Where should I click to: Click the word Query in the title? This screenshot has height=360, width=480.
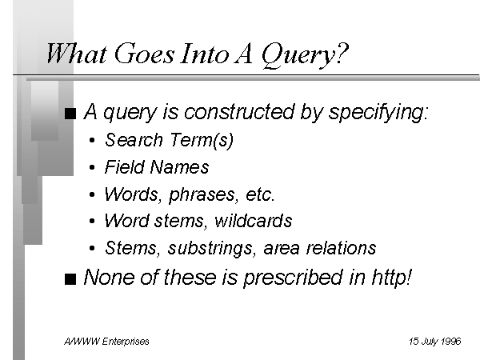(x=298, y=55)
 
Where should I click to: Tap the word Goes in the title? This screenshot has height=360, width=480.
(x=144, y=54)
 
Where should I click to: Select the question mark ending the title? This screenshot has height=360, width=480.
(x=342, y=53)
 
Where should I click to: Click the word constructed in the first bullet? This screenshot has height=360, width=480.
(x=238, y=112)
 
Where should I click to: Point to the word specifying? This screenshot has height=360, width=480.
(x=378, y=113)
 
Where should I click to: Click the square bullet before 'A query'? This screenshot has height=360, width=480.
(x=70, y=114)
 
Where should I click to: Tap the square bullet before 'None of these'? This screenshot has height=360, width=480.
(x=70, y=279)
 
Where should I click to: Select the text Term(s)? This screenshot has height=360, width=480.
(x=202, y=140)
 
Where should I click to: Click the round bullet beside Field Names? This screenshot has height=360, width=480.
(x=92, y=167)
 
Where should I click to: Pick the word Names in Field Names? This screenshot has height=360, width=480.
(x=180, y=167)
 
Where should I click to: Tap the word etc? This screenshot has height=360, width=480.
(x=260, y=194)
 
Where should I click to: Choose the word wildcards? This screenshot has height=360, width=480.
(x=254, y=221)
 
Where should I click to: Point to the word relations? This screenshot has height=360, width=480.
(x=341, y=248)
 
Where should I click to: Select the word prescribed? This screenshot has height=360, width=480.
(x=293, y=278)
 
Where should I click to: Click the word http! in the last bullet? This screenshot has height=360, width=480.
(x=392, y=278)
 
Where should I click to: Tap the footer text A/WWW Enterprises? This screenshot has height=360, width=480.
(x=106, y=342)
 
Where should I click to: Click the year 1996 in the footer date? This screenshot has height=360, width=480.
(x=451, y=341)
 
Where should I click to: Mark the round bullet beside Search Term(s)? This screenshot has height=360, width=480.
(x=92, y=141)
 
